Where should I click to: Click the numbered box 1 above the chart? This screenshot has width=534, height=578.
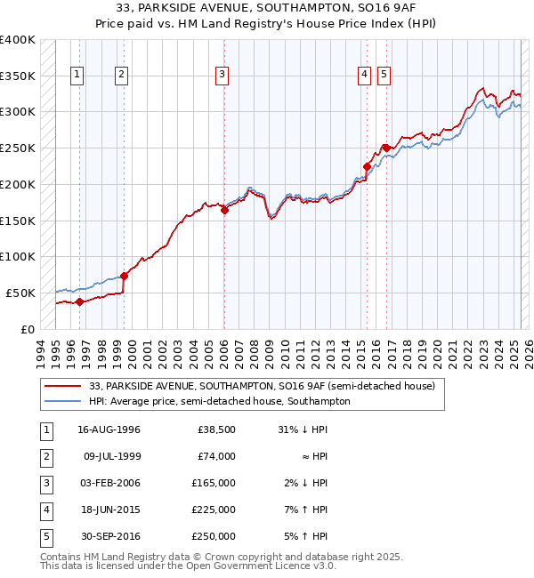click(x=78, y=76)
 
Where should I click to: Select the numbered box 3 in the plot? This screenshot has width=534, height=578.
click(x=222, y=76)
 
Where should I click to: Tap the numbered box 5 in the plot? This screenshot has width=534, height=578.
click(x=384, y=76)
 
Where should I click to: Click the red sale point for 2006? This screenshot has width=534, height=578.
click(x=224, y=210)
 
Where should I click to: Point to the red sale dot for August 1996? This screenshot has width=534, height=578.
click(x=79, y=301)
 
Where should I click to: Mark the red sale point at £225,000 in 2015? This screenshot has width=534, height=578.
click(x=366, y=165)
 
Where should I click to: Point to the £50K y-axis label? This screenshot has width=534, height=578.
click(x=21, y=293)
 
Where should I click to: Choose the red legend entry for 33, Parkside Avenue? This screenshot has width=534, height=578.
click(x=262, y=386)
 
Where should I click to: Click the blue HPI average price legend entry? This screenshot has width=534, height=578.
click(x=219, y=401)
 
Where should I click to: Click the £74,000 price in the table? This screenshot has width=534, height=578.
click(x=216, y=456)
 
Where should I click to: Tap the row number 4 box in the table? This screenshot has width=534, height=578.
click(x=44, y=510)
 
